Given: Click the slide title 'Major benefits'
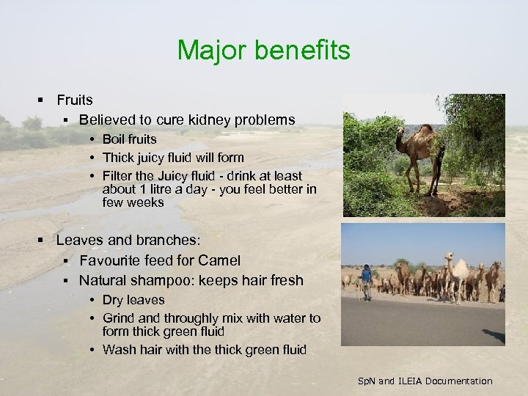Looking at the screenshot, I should click(x=263, y=50).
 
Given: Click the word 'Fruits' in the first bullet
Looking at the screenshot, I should click(x=74, y=99).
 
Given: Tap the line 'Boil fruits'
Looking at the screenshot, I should click(x=129, y=139).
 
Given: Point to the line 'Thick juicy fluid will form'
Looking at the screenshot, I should click(x=173, y=157).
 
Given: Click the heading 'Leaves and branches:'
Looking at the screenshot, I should click(x=128, y=240).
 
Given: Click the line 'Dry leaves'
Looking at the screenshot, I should click(x=133, y=300).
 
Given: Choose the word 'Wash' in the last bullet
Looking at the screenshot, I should click(x=118, y=350).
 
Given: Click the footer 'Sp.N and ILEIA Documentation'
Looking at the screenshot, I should click(x=425, y=381).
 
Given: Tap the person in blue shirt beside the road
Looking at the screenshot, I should click(x=366, y=282).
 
